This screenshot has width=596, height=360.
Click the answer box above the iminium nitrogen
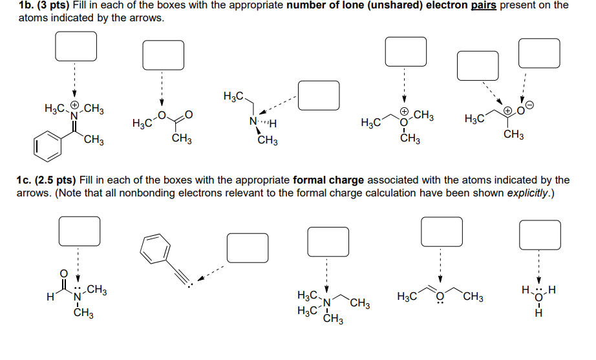point(76,45)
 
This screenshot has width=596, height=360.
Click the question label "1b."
point(28,5)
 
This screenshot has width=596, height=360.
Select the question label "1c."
point(28,180)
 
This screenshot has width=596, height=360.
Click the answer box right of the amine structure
point(319,94)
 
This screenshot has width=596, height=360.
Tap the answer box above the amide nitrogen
point(80,231)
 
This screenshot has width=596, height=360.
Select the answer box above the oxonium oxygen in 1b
point(405,50)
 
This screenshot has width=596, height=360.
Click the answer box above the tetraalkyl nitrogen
point(328,241)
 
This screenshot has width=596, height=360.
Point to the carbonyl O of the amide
point(63,273)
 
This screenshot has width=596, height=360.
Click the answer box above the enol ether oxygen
point(442,231)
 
